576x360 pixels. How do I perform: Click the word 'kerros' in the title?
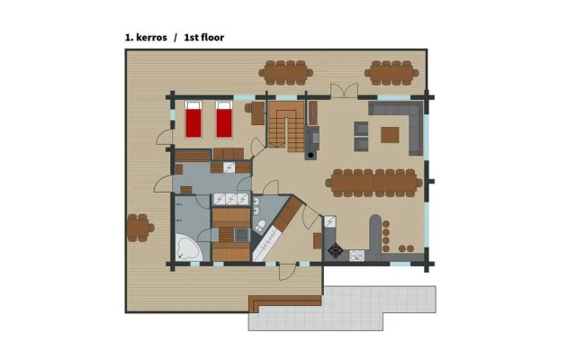pos(151,38)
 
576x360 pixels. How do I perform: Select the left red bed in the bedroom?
pos(193,120)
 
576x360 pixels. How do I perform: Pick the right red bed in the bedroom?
pos(224,120)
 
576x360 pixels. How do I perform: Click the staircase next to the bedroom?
pos(286,126)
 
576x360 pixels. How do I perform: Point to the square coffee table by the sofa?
pos(390,135)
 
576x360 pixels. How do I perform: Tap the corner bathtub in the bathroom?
pos(188,247)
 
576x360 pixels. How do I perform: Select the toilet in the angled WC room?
pos(260,226)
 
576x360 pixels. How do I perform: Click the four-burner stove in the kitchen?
pos(335,250)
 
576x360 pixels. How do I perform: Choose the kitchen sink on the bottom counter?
pos(356,256)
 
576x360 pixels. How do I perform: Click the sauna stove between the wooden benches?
pos(242,234)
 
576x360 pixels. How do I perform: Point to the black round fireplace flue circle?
pos(310,155)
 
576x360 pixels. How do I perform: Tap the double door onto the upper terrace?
pos(344,90)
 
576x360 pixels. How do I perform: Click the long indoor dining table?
pos(374,183)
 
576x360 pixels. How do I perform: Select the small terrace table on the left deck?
pos(138,228)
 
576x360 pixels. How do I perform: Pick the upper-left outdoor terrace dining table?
pos(286,73)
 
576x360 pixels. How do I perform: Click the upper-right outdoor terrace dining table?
pos(391,73)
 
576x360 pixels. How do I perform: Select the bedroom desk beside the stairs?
pos(258,113)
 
